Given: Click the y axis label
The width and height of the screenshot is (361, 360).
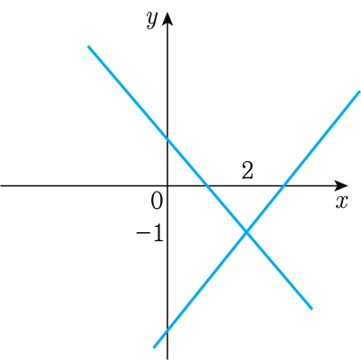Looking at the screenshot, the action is pos(152,21).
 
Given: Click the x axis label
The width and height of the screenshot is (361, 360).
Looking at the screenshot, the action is pos(341,202).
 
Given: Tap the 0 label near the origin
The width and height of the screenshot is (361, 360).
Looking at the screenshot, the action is pos(157,201).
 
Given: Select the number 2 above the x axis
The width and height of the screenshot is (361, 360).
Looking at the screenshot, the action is pos(248,171).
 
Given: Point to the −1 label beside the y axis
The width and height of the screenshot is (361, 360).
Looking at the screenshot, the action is pos(150,234).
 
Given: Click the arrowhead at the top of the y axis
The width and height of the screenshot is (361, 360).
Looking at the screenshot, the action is pos(167,19).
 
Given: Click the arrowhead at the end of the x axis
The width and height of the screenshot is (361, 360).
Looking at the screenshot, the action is pos(341,185).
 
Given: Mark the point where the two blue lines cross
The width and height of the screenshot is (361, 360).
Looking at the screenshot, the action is pos(247,232).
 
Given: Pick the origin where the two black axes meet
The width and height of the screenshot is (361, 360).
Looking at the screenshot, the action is pos(167,186).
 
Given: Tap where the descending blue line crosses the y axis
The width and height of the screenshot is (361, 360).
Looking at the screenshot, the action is pos(167,139).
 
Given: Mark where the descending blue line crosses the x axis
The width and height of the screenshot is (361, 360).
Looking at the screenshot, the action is pos(207,186).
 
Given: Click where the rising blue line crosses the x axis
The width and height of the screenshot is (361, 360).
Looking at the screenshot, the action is pos(284,186).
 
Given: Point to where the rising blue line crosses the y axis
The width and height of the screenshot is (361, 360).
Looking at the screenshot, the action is pos(167,330).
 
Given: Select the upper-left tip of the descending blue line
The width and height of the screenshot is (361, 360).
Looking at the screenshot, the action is pos(88,46).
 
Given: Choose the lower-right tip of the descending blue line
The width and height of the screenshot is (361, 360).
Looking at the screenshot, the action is pos(311,309).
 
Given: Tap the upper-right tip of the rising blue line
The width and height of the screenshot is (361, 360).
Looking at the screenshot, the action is pos(359,91).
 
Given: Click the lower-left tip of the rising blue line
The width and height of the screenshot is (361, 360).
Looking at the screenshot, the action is pos(154,347).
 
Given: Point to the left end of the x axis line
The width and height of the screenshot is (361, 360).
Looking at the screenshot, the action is pos(1,186).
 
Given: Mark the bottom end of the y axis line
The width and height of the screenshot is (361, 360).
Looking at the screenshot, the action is pos(167,359).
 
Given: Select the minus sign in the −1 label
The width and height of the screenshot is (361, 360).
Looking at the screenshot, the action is pos(142,234).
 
